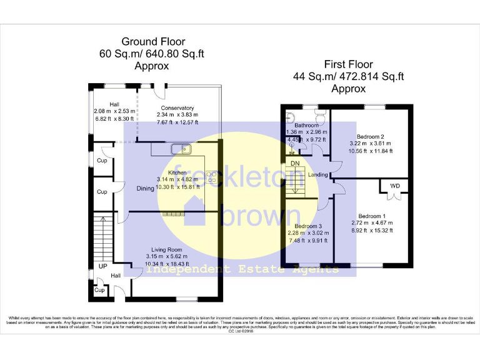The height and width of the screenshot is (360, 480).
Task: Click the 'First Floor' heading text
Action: (x=348, y=64)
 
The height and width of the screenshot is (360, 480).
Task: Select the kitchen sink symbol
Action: (x=182, y=149)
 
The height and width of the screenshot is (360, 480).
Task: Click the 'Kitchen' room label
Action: (x=178, y=172)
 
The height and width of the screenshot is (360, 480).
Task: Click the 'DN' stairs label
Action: (x=295, y=164)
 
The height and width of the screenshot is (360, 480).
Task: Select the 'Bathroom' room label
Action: (x=307, y=125)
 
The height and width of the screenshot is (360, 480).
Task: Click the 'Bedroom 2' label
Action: (x=370, y=136)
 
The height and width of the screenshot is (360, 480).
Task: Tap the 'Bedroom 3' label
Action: (x=308, y=226)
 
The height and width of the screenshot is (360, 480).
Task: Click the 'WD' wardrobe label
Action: (x=394, y=186)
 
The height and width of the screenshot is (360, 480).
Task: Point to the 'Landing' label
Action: (x=317, y=175)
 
